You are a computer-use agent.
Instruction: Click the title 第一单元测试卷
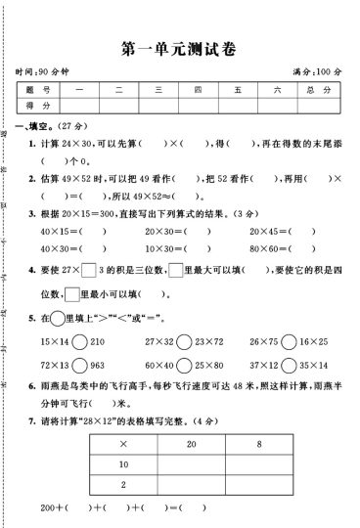pos(179,48)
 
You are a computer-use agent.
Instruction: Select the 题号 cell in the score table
pos(38,90)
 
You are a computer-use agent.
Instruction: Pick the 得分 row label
pos(38,106)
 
